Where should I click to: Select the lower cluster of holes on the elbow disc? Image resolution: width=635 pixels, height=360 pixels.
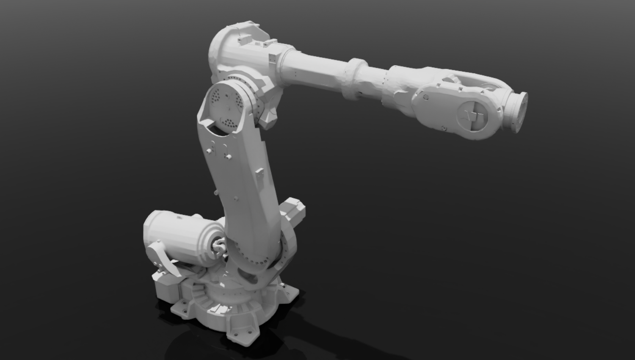coord(229,124)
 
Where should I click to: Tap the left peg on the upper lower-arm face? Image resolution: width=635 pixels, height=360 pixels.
coord(209,151)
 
